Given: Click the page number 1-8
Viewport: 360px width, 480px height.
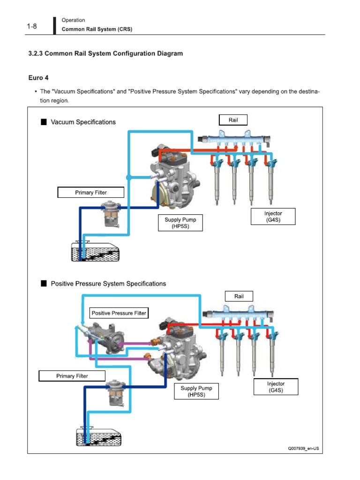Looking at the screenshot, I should (32, 26).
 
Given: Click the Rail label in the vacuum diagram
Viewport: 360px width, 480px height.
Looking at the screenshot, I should (233, 120).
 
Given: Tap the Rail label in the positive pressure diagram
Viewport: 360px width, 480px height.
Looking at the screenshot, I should (239, 296).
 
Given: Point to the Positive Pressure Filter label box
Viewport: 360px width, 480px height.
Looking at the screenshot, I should (119, 313).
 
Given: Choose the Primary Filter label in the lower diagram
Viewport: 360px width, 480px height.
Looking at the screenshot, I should (72, 376).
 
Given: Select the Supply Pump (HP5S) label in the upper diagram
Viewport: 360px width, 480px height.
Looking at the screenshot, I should (180, 223).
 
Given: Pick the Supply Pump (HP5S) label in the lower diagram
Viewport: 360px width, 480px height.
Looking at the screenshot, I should (196, 391).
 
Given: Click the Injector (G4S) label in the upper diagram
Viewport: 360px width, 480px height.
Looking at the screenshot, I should (273, 216).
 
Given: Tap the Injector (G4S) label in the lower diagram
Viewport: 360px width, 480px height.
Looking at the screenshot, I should (276, 387).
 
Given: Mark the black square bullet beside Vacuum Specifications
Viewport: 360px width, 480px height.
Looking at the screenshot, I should (44, 122).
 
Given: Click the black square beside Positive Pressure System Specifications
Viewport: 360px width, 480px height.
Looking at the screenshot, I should (44, 284).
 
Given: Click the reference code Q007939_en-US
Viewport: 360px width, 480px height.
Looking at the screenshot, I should (303, 449).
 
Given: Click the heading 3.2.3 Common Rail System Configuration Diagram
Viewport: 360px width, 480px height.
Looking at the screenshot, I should (105, 53).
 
